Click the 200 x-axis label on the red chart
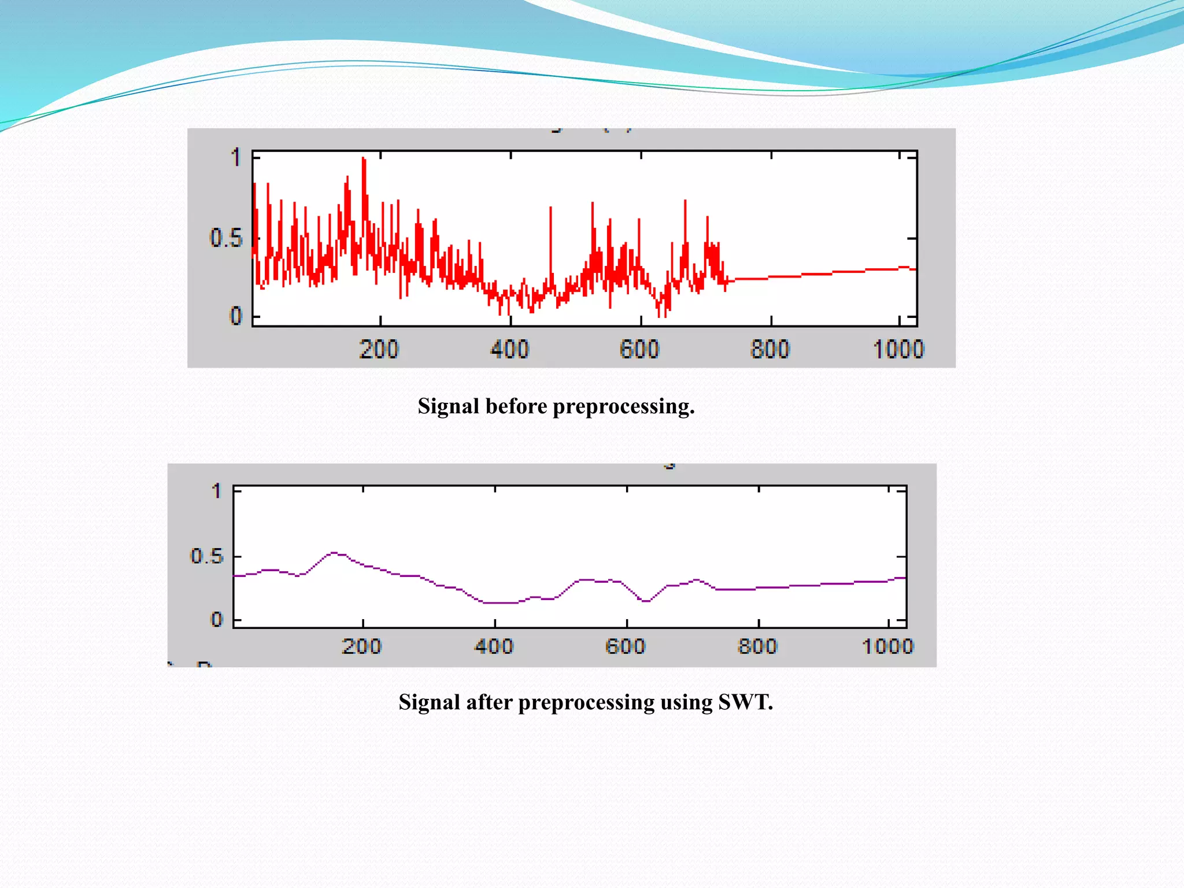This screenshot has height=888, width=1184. pos(379,349)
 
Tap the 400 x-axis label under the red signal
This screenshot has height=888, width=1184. pos(509,349)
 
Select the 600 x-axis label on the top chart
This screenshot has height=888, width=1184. pos(639,349)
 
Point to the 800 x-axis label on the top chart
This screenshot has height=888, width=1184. pos(769,349)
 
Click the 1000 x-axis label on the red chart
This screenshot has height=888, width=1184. pos(898,349)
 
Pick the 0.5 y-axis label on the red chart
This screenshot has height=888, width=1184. pos(226,238)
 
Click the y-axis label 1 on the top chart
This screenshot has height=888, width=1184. pos(235,157)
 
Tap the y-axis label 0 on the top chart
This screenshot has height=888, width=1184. pos(235,316)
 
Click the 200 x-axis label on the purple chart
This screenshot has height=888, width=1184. pos(361,646)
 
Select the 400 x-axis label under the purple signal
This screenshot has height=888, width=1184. pos(494,646)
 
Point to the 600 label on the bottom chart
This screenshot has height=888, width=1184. pos(625,646)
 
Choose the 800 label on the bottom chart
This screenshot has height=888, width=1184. pos(757,646)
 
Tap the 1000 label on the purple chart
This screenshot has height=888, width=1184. pos(887,646)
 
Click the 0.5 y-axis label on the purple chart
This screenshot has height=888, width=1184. pos(206,556)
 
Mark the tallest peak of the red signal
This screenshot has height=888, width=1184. pos(364,159)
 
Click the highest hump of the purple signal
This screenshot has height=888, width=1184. pos(334,553)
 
